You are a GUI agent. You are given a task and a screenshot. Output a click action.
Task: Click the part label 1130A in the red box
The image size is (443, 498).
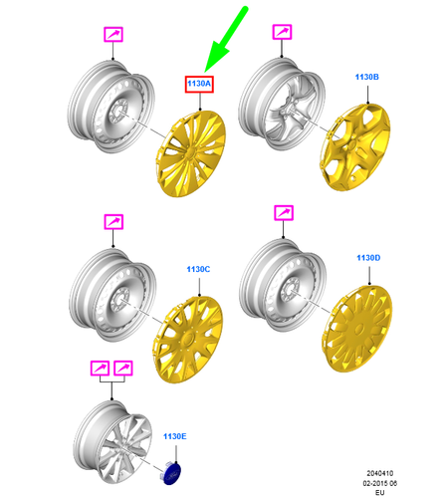(199, 84)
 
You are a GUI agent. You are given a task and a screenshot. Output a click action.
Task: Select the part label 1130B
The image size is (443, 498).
(367, 77)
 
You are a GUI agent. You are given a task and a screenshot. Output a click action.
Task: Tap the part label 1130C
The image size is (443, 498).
(198, 269)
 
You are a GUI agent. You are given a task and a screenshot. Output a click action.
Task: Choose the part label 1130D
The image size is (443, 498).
(368, 258)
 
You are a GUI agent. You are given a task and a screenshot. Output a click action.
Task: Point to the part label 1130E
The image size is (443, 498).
(175, 436)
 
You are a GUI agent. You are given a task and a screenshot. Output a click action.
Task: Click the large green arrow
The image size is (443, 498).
(226, 40)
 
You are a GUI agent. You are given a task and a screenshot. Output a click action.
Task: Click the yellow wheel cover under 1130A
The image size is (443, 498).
(190, 153)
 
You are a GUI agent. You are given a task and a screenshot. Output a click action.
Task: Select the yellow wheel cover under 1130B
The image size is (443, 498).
(355, 147)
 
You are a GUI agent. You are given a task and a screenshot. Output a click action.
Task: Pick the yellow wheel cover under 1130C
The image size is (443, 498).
(187, 339)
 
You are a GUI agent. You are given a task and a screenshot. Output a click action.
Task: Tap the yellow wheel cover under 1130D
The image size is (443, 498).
(357, 329)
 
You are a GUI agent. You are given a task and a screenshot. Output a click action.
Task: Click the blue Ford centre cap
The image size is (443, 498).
(172, 474)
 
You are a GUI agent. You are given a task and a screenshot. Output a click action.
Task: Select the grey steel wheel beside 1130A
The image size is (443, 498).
(111, 107)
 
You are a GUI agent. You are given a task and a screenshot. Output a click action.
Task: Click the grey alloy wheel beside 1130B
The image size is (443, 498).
(282, 104)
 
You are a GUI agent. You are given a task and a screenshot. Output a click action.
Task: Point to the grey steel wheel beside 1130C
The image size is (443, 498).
(112, 295)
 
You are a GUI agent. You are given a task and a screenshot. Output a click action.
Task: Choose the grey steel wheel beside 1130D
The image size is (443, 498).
(283, 285)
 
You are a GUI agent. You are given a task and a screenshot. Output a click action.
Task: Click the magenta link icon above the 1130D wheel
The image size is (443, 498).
(284, 213)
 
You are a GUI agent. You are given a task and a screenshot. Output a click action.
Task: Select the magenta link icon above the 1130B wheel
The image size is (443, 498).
(282, 32)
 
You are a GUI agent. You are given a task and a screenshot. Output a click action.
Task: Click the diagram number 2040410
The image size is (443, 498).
(380, 473)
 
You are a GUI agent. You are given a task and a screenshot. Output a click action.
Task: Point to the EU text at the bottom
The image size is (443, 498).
(379, 492)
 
